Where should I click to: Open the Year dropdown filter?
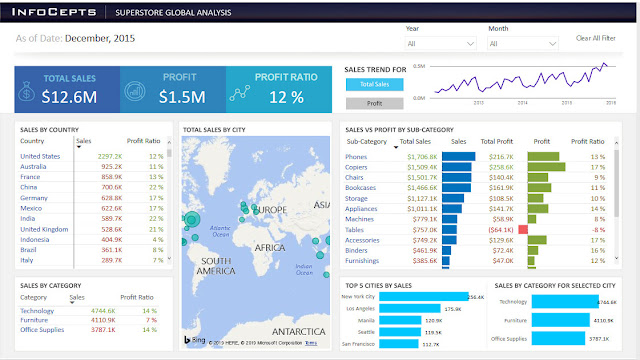(441, 44)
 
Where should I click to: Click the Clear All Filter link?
(597, 38)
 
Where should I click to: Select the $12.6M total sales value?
(70, 96)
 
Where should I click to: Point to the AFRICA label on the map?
(267, 219)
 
